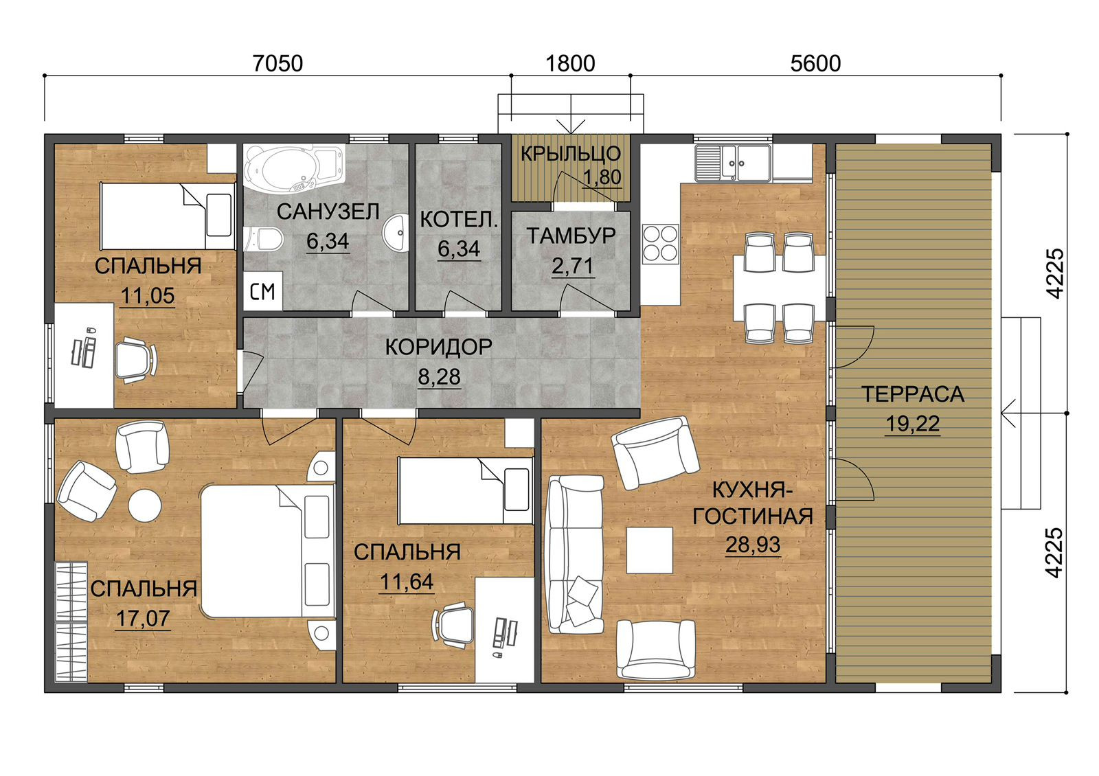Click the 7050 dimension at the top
point(277,64)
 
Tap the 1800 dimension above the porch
point(570,64)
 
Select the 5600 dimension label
point(815,64)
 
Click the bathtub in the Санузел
point(295,168)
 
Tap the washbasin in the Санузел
point(396,233)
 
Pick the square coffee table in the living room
point(650,550)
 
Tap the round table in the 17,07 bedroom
point(145,505)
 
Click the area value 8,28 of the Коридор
point(439,377)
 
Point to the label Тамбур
point(571,236)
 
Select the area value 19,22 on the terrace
point(913,424)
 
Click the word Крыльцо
point(571,154)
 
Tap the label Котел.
point(459,220)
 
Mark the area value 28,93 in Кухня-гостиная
point(753,545)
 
